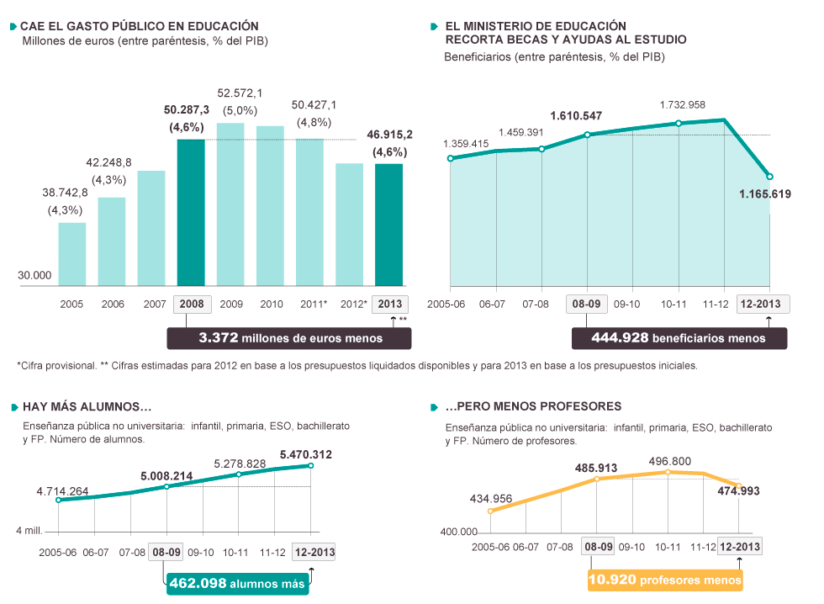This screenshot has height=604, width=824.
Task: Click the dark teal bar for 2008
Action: pyautogui.click(x=191, y=212)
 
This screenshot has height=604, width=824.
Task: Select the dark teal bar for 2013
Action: pyautogui.click(x=389, y=225)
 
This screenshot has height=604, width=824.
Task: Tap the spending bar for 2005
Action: pyautogui.click(x=71, y=254)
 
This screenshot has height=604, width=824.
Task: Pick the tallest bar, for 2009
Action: pyautogui.click(x=230, y=204)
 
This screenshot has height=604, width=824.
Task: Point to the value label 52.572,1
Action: pyautogui.click(x=240, y=93)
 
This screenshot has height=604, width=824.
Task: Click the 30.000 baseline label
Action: pyautogui.click(x=34, y=275)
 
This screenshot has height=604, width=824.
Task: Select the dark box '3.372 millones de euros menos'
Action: pyautogui.click(x=289, y=338)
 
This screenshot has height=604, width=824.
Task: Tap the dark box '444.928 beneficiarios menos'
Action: pyautogui.click(x=679, y=338)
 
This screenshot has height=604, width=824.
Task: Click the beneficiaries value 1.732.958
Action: pyautogui.click(x=682, y=105)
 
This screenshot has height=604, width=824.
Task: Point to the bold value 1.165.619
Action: pyautogui.click(x=765, y=194)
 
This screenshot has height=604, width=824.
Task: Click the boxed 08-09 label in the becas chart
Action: pyautogui.click(x=586, y=304)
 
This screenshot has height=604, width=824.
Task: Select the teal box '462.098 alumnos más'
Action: pyautogui.click(x=236, y=583)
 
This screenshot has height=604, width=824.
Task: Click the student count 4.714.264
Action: pyautogui.click(x=62, y=491)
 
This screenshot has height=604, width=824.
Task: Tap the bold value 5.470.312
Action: pyautogui.click(x=305, y=455)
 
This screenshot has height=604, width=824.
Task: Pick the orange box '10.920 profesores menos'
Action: pyautogui.click(x=665, y=580)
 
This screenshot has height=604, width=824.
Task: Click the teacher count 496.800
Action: pyautogui.click(x=669, y=461)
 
